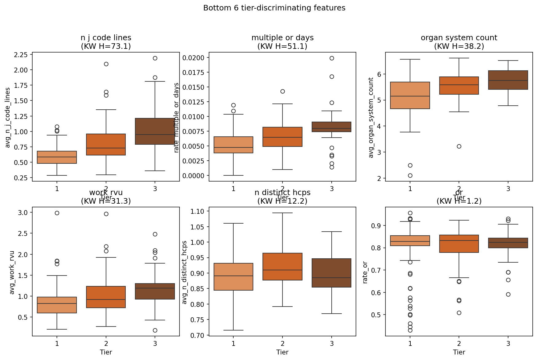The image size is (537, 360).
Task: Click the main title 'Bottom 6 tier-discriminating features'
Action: [x=274, y=8]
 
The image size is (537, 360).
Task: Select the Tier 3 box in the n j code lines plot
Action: [x=155, y=131]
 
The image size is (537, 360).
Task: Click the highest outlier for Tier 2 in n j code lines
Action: [x=106, y=64]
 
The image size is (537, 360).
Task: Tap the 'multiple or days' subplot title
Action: [x=282, y=38]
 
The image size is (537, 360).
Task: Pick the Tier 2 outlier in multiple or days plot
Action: [x=282, y=91]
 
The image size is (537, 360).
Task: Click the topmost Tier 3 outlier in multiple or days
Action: [x=332, y=58]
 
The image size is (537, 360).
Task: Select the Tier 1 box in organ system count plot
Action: [x=410, y=95]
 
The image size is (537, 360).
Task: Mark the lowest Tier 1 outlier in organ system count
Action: [x=410, y=175]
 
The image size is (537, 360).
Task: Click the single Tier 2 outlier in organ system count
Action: [x=459, y=146]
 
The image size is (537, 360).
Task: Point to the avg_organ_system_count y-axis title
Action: [x=371, y=117]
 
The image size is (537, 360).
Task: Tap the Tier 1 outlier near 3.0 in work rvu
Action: [x=57, y=213]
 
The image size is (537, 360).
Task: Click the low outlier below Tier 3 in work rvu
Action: [x=155, y=330]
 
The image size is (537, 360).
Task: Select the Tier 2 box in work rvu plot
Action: [x=106, y=297]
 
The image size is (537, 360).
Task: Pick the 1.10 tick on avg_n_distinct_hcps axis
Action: [x=198, y=211]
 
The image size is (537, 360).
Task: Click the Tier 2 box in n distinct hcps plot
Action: [x=282, y=267]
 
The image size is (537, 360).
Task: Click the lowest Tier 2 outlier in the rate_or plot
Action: [x=459, y=313]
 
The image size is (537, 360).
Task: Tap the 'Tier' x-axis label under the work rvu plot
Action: [x=106, y=352]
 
